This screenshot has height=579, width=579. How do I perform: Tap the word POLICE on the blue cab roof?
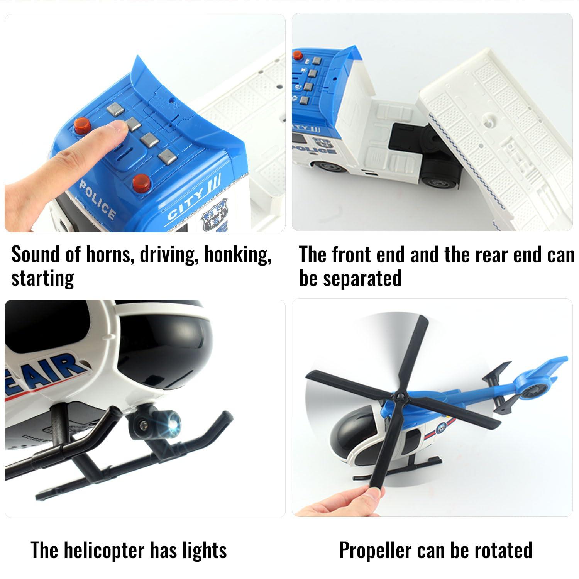97,200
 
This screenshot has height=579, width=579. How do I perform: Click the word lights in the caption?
205,550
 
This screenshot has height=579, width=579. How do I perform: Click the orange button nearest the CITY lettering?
141,182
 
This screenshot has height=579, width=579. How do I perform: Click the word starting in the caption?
42,278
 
